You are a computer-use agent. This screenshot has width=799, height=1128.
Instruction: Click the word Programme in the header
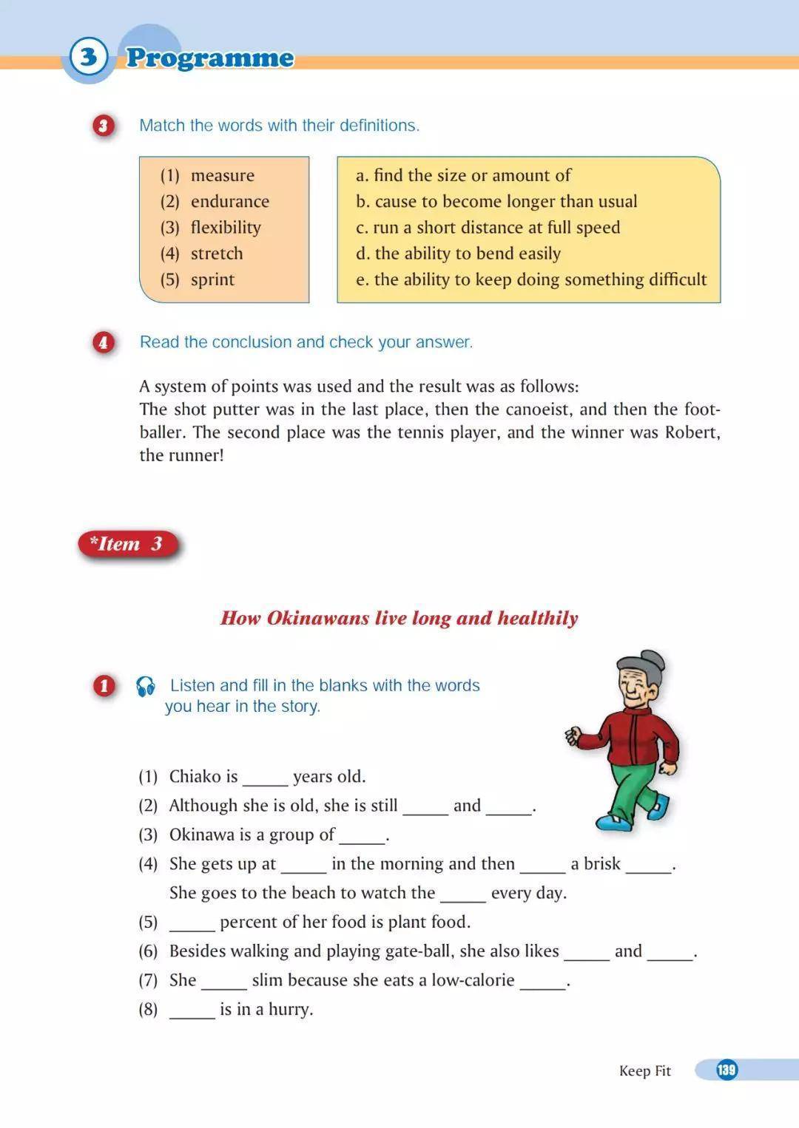pyautogui.click(x=210, y=58)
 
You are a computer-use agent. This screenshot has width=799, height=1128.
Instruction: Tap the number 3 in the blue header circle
pyautogui.click(x=88, y=56)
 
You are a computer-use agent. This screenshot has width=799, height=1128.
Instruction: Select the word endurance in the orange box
pyautogui.click(x=229, y=201)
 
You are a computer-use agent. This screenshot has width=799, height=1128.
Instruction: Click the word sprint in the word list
pyautogui.click(x=212, y=279)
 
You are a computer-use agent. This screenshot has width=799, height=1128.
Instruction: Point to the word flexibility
pyautogui.click(x=226, y=227)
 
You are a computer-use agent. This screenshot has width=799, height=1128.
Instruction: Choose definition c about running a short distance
pyautogui.click(x=488, y=227)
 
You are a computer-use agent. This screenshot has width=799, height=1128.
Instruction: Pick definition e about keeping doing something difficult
pyautogui.click(x=531, y=279)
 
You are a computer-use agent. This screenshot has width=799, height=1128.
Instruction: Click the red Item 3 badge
pyautogui.click(x=127, y=544)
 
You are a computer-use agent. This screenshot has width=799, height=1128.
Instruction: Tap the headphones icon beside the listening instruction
pyautogui.click(x=146, y=687)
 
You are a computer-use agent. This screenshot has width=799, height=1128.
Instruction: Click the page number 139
pyautogui.click(x=726, y=1070)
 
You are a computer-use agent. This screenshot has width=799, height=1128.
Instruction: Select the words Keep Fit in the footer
pyautogui.click(x=644, y=1070)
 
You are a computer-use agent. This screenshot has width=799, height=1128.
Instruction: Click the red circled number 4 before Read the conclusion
pyautogui.click(x=104, y=342)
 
